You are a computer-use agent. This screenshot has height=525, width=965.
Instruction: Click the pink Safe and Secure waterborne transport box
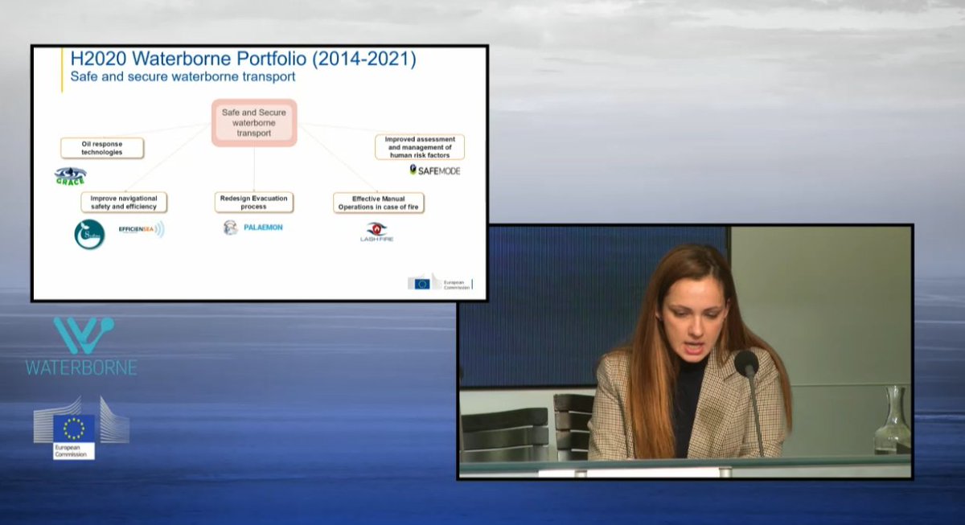click(x=254, y=123)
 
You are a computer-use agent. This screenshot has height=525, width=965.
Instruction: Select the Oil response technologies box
click(x=102, y=148)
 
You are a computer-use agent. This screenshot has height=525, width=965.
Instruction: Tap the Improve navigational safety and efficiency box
click(x=124, y=203)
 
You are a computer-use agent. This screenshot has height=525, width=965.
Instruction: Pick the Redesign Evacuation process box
click(x=253, y=203)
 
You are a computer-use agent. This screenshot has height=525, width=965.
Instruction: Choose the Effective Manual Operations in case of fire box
click(x=378, y=203)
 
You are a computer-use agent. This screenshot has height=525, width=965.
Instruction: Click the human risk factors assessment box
click(x=419, y=146)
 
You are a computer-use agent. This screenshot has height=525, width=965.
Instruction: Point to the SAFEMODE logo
click(x=435, y=170)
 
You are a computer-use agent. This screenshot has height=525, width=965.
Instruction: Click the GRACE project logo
click(x=70, y=176)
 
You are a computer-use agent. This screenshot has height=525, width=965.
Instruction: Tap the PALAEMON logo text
click(x=262, y=228)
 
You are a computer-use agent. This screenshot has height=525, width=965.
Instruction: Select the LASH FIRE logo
click(x=376, y=232)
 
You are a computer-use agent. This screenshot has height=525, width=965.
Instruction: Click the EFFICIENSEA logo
click(x=141, y=230)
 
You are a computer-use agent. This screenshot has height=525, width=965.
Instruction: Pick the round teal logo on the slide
click(x=89, y=234)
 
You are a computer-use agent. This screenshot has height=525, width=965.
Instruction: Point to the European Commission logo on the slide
click(x=440, y=282)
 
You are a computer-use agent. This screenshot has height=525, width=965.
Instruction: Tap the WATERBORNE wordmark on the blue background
click(x=81, y=367)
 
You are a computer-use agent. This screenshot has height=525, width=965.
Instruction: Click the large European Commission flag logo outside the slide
click(x=74, y=428)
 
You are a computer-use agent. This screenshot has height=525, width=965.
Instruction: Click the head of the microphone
click(x=745, y=364)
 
